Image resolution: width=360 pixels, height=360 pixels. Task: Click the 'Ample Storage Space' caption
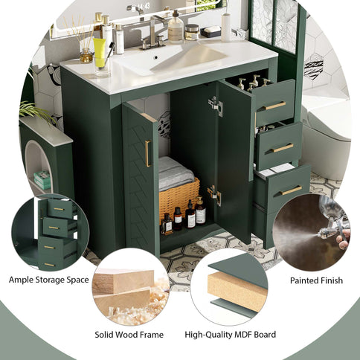tap(49, 280)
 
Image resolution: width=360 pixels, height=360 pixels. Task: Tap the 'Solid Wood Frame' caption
tap(130, 335)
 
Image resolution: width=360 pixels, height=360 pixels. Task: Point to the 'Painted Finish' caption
tap(316, 280)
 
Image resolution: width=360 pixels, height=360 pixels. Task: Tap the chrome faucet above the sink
tap(155, 31)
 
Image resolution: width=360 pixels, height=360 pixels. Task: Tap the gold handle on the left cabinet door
tap(147, 152)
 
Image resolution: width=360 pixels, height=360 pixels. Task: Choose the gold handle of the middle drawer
tap(283, 148)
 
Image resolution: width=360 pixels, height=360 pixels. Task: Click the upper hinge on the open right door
tap(216, 106)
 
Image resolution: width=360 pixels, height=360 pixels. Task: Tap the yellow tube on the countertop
tap(100, 53)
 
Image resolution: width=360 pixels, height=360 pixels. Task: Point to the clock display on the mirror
tap(139, 6)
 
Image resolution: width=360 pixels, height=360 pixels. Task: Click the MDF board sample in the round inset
tap(237, 290)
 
